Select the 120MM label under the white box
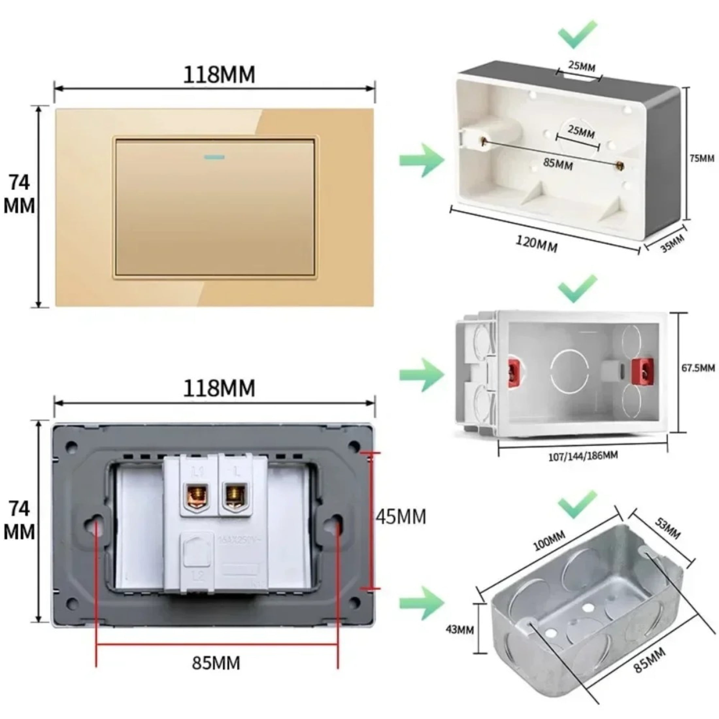536,244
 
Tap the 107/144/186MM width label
583,456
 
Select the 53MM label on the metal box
668,528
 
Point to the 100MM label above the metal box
549,540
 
